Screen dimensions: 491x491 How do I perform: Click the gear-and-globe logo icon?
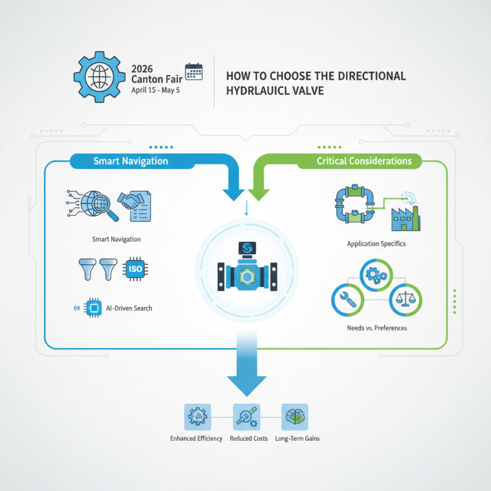pyautogui.click(x=98, y=79)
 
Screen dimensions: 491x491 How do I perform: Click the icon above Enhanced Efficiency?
pyautogui.click(x=197, y=416)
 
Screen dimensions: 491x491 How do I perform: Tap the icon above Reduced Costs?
pyautogui.click(x=245, y=416)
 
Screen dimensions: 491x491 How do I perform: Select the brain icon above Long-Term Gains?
pyautogui.click(x=294, y=416)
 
